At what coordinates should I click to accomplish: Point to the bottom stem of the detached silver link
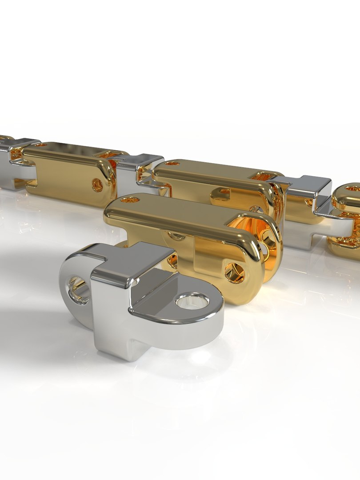coord(117,344)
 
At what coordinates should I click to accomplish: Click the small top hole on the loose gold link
coord(130,200)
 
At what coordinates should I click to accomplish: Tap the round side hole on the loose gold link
coord(234,272)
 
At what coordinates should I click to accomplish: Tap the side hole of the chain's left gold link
coord(97,185)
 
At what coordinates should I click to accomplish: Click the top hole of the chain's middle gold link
coord(172,164)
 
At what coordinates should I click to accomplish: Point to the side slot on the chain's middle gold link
coord(222,192)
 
